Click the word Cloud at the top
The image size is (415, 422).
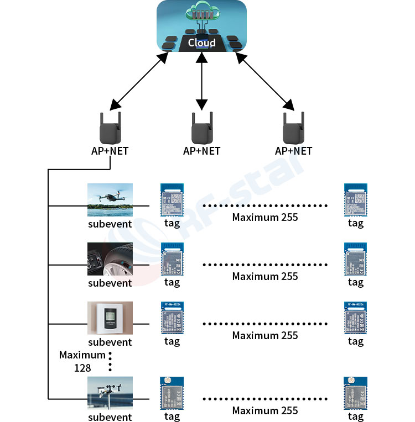coord(201,43)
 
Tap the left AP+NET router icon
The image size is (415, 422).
coord(110,128)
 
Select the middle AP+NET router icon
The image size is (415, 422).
coord(201,128)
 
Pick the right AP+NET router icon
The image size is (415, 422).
coord(293,128)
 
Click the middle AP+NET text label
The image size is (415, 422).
coord(201,151)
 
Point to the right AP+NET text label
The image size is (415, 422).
coord(293,151)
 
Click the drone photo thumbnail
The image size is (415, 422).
coord(110,199)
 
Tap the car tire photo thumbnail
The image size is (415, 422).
coord(110,259)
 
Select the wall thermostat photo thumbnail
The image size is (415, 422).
coord(110,318)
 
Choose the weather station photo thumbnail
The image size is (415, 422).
coord(110,393)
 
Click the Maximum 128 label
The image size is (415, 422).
coord(82,361)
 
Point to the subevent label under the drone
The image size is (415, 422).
coord(110,224)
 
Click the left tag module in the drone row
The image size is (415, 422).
coord(172,199)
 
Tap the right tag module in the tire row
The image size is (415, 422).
coord(355,259)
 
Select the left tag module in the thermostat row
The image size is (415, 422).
coord(172,318)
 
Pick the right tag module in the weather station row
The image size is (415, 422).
coord(355,393)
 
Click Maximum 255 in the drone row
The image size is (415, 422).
coord(265,217)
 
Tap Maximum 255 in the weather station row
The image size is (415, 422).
coord(265,410)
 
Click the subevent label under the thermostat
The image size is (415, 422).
coord(110,342)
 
